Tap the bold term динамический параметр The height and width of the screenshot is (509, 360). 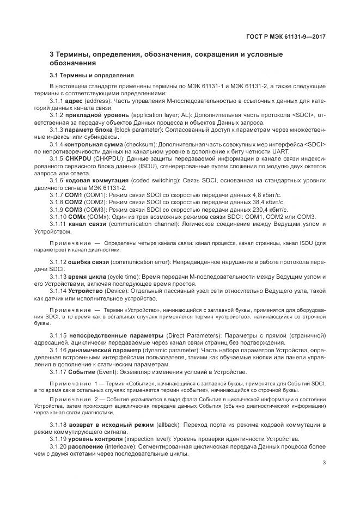[99, 351]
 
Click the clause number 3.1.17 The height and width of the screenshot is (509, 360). [58, 372]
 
